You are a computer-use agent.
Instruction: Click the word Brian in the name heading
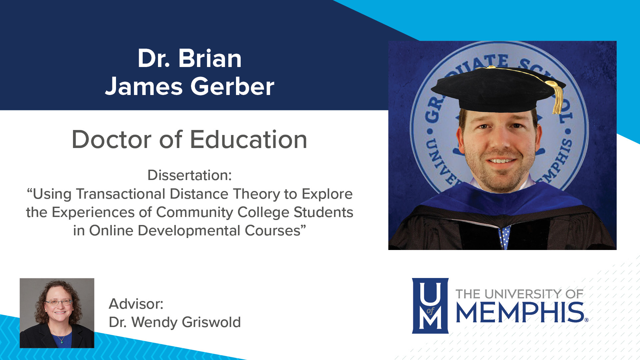210,59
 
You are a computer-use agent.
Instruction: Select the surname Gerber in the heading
232,87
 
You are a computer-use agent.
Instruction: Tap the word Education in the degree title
248,140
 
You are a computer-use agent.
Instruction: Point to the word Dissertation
189,175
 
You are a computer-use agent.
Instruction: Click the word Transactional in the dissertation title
121,194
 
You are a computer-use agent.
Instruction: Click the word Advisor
136,304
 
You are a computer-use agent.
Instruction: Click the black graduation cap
497,90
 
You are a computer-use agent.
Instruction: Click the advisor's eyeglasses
59,302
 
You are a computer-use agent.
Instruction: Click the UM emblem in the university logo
430,306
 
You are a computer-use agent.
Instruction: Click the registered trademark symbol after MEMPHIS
586,320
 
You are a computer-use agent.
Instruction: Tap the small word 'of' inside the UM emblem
430,311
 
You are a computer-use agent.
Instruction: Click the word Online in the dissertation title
111,231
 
